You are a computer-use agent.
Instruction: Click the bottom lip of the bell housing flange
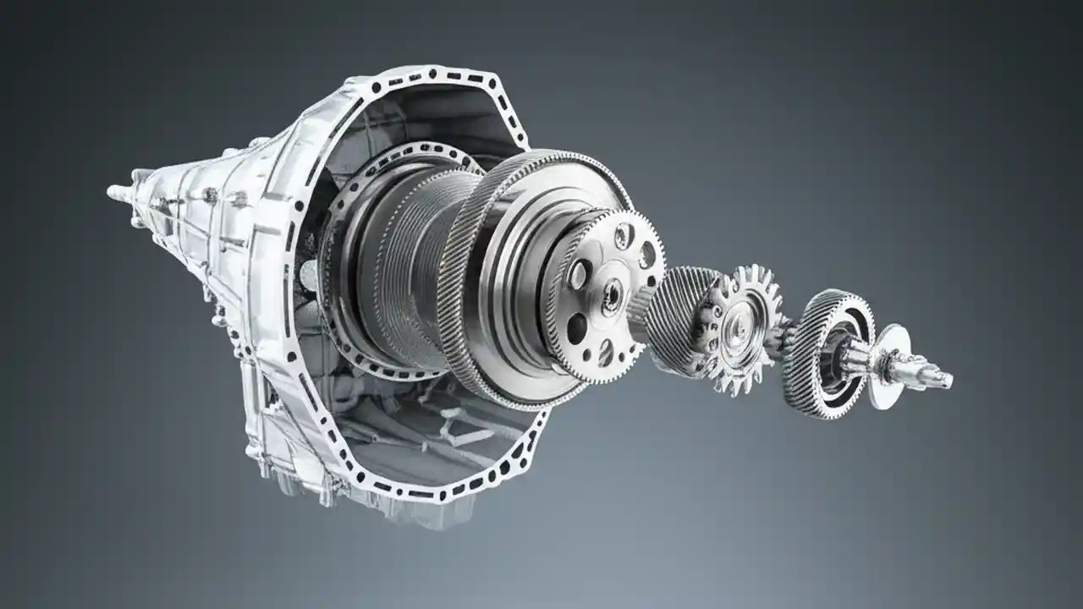pos(406,495)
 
